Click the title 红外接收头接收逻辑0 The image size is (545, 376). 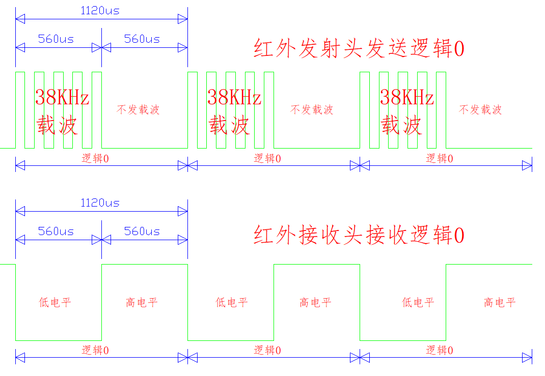[359, 236]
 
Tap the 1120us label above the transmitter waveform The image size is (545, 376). [100, 10]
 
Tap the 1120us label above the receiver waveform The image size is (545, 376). [100, 203]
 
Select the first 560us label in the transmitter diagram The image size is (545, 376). [56, 39]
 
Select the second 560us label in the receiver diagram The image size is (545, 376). [142, 231]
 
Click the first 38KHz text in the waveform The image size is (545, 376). [62, 97]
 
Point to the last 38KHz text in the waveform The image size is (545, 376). [407, 97]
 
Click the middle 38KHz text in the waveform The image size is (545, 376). [234, 97]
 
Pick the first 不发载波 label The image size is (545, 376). [139, 109]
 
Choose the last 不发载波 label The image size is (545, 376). [480, 109]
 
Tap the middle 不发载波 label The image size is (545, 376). [312, 109]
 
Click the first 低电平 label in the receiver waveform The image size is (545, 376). [55, 302]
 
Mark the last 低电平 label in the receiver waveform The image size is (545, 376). [418, 302]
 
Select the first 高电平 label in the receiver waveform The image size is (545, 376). [142, 302]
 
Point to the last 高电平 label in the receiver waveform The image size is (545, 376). [500, 302]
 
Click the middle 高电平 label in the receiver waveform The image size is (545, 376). [315, 302]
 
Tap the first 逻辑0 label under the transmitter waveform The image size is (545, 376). [95, 158]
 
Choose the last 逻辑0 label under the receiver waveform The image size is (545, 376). [440, 350]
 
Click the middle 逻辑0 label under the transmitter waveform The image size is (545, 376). [267, 158]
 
